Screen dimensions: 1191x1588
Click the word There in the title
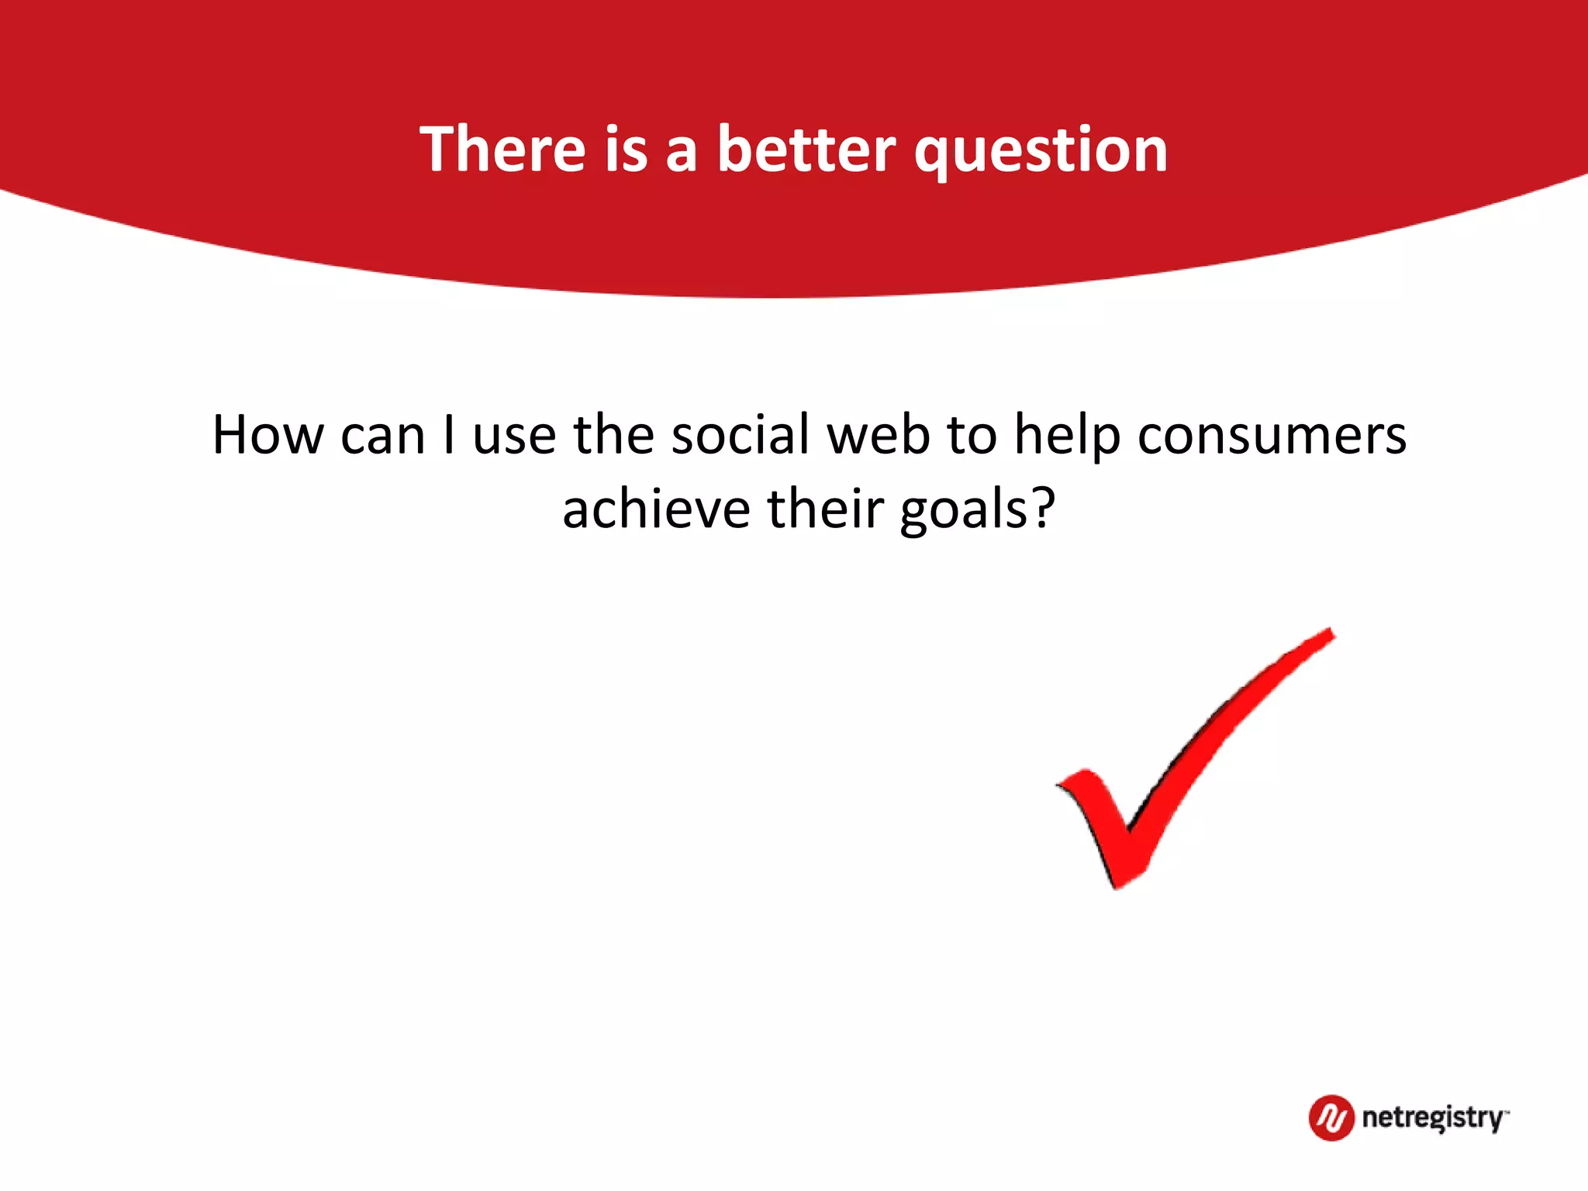point(502,149)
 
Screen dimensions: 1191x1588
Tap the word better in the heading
point(806,149)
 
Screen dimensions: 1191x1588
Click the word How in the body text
point(268,435)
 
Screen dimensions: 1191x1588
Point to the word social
point(740,435)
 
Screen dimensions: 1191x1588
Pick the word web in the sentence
point(879,435)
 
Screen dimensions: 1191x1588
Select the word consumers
point(1272,437)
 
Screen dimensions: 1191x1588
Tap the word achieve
point(656,509)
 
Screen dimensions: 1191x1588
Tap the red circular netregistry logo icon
point(1331,1117)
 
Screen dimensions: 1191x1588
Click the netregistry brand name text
point(1432,1118)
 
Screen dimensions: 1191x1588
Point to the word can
point(383,437)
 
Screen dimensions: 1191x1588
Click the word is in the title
point(626,149)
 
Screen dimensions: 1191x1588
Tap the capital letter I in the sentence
point(449,435)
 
